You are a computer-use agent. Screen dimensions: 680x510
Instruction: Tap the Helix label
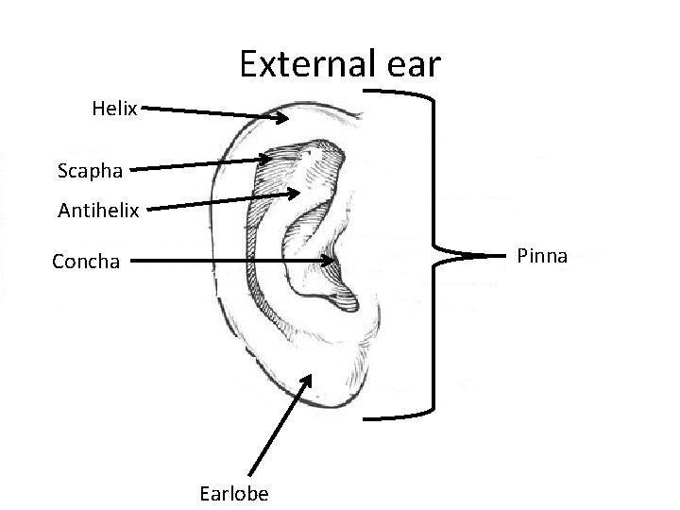point(115,110)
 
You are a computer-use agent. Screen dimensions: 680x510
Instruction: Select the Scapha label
point(90,171)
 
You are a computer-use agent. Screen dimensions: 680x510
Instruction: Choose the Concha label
point(86,261)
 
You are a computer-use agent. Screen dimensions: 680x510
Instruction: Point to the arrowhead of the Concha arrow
point(332,260)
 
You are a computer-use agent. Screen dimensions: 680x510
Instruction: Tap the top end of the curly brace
point(366,92)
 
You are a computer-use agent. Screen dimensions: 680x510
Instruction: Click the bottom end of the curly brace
point(366,416)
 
